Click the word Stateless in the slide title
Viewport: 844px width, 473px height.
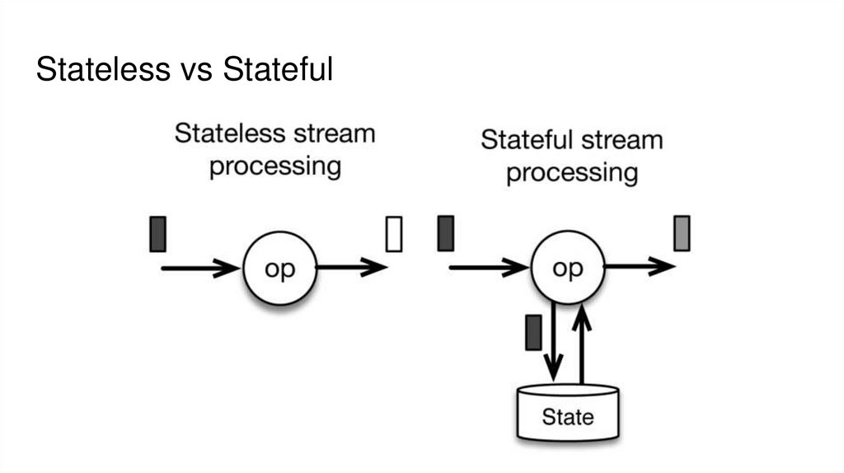[101, 70]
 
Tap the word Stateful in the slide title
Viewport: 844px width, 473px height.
[278, 70]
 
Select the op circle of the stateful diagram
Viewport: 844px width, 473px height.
[568, 267]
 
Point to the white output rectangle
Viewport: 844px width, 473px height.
[394, 233]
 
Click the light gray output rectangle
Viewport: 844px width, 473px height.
[682, 232]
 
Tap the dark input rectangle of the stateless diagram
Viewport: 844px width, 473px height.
[158, 233]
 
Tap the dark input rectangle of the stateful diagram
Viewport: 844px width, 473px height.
[446, 232]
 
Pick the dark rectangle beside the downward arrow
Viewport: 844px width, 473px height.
[533, 333]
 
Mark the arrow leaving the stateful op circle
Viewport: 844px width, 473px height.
[640, 267]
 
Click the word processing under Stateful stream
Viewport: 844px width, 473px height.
[571, 174]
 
